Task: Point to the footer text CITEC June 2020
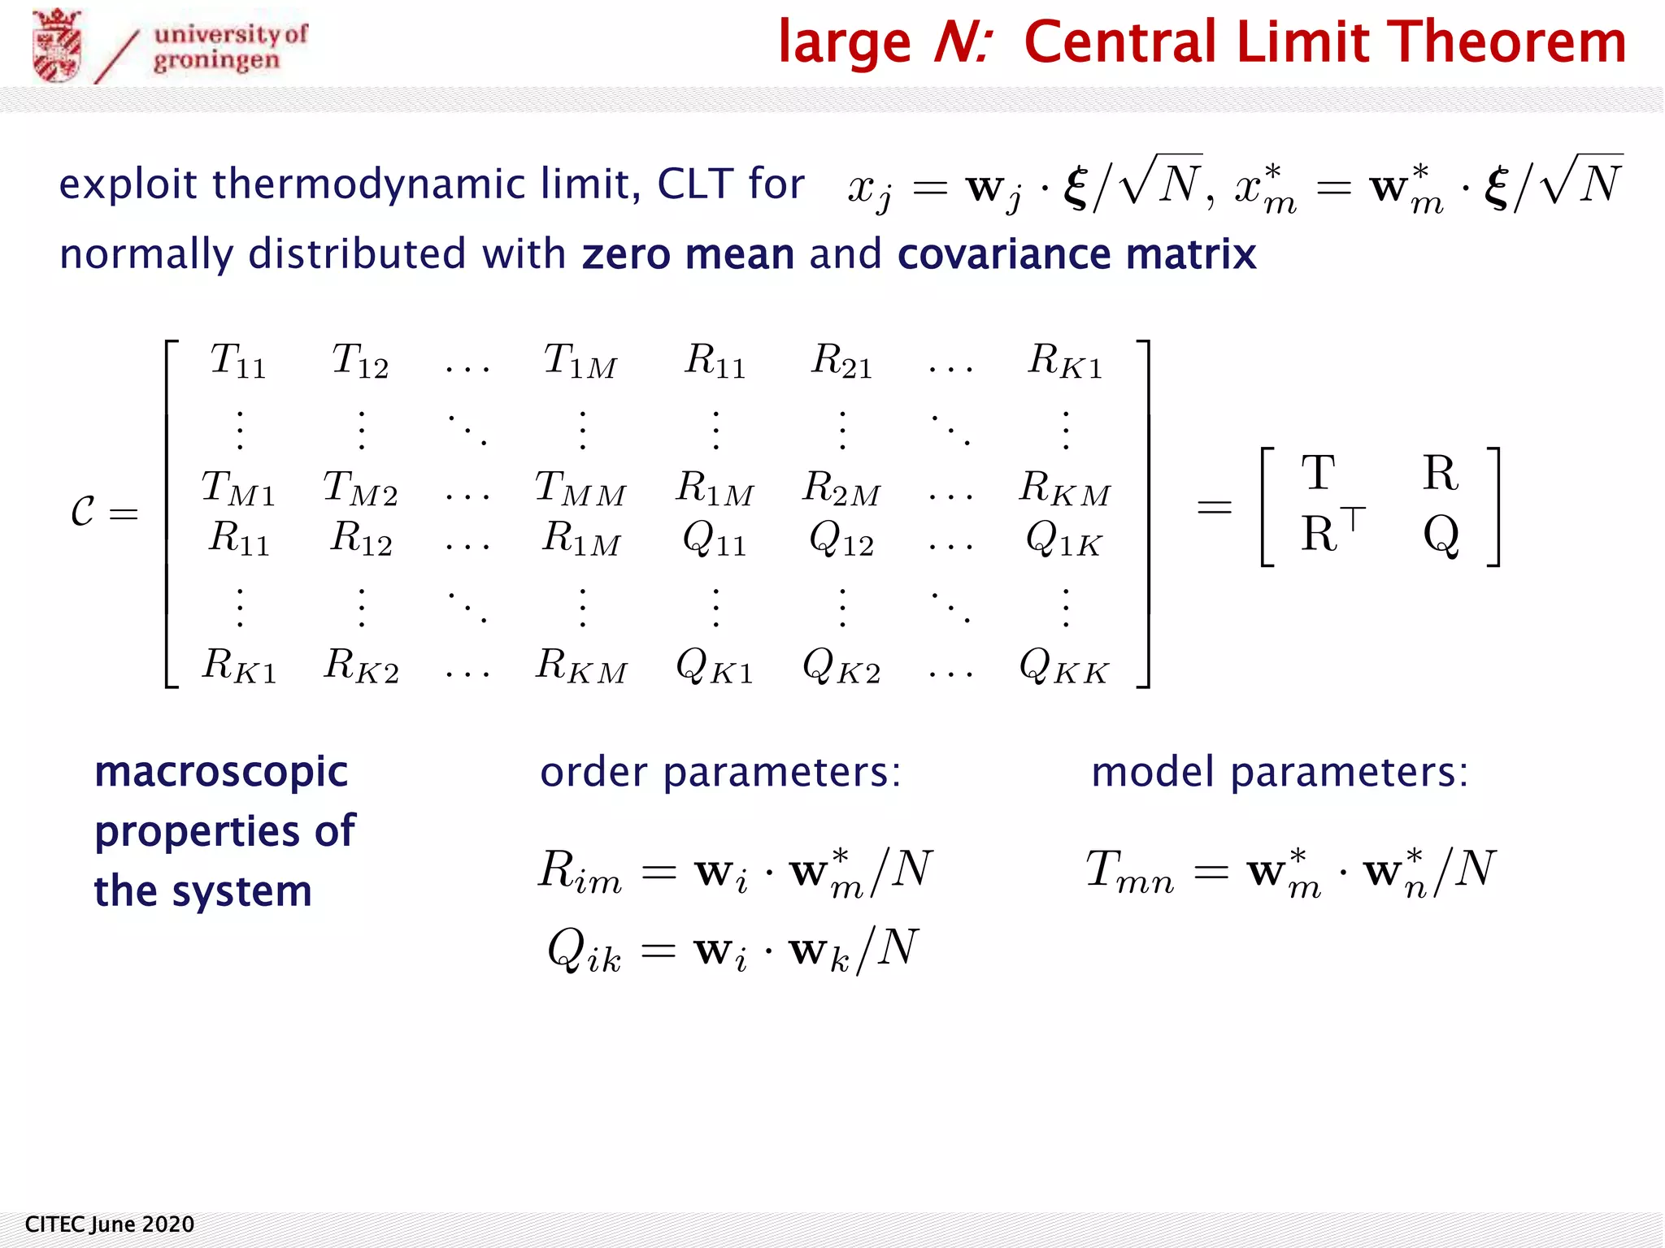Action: tap(110, 1224)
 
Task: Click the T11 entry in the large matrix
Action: tap(237, 360)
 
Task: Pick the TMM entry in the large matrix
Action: tap(580, 489)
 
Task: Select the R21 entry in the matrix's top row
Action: tap(841, 360)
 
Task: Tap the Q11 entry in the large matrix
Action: tap(715, 539)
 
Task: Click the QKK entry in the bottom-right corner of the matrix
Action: tap(1064, 667)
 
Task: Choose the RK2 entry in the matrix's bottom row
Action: tap(361, 665)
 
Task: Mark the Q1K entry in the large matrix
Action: tap(1064, 539)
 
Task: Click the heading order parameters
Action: tap(720, 772)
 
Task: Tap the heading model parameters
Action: tap(1280, 772)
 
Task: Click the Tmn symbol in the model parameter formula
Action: tap(1130, 871)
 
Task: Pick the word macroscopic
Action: tap(221, 772)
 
